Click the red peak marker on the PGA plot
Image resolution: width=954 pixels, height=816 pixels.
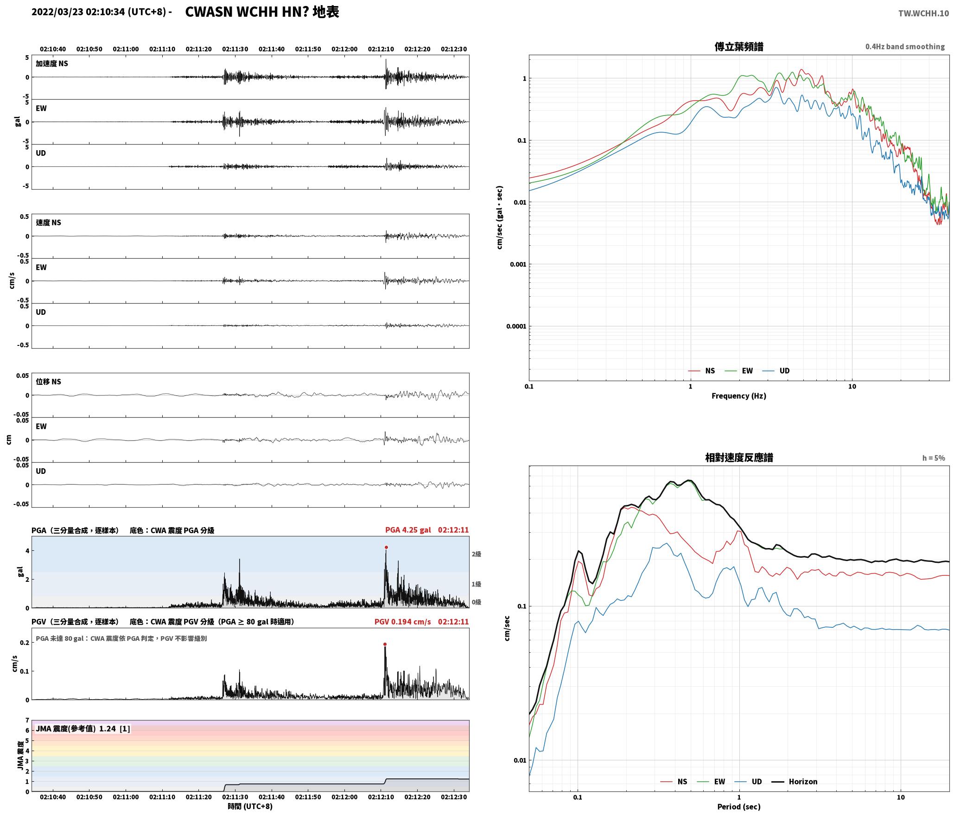click(386, 548)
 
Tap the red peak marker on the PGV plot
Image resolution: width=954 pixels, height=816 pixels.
click(385, 644)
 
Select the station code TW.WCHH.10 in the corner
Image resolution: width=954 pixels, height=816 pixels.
click(923, 13)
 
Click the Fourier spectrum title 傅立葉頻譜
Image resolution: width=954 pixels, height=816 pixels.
click(739, 47)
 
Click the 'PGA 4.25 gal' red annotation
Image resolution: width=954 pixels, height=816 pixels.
click(408, 530)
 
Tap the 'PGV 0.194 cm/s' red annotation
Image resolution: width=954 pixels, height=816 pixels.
click(402, 622)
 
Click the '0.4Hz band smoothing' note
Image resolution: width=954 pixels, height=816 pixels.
click(905, 47)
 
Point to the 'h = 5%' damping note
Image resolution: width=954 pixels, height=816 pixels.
click(934, 458)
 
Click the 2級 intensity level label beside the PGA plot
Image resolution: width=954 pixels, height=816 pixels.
click(476, 554)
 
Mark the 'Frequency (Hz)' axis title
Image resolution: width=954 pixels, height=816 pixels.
click(739, 396)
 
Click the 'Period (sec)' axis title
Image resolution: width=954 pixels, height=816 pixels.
click(739, 807)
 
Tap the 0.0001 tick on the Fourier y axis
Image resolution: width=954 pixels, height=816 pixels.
click(516, 326)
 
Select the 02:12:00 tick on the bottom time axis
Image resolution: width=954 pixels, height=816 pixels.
click(344, 797)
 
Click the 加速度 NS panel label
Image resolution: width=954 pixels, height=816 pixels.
click(52, 64)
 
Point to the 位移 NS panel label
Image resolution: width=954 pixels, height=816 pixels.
click(49, 382)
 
